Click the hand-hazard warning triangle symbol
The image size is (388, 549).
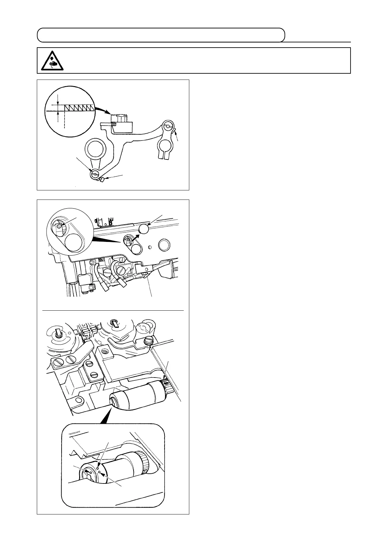pos(52,61)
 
